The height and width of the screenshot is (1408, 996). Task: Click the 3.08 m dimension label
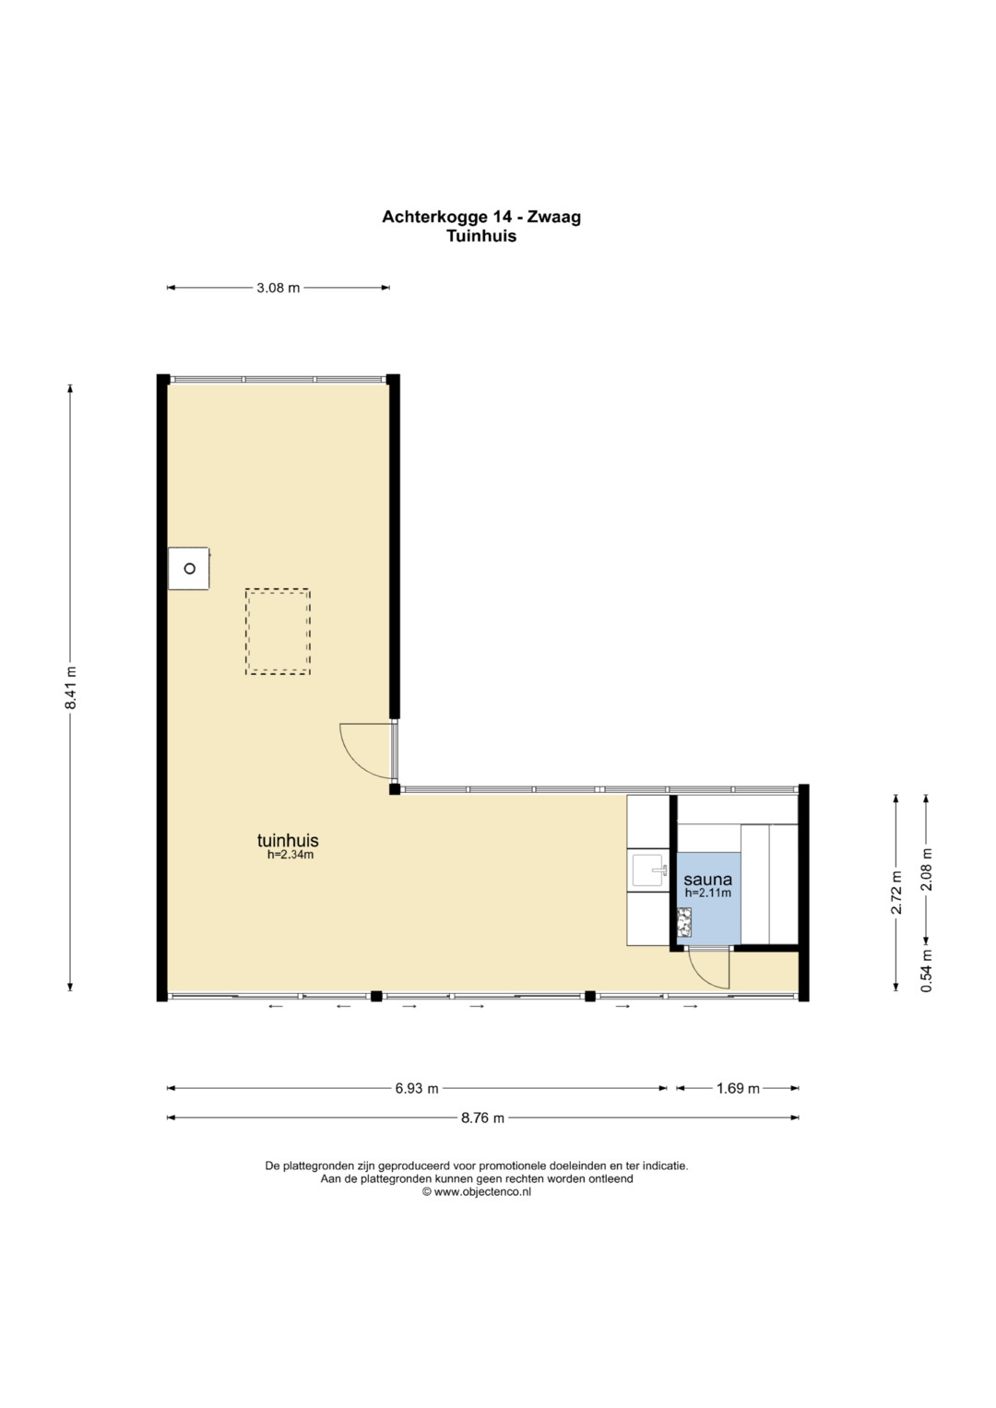coord(278,288)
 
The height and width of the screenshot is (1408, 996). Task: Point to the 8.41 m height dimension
coord(70,687)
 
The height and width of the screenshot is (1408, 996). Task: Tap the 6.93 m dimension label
coord(417,1088)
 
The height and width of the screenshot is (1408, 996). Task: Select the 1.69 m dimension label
coord(738,1088)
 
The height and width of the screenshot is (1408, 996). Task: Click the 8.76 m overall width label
coord(483,1118)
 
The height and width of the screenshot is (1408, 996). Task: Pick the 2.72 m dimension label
coord(896,892)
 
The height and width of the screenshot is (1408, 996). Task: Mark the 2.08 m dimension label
coord(926,870)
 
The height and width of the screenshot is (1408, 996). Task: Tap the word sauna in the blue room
coord(708,880)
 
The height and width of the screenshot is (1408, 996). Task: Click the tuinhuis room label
coord(288,840)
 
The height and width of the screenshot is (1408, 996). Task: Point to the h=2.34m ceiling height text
coord(290,854)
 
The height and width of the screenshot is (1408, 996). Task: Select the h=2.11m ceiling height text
coord(708,893)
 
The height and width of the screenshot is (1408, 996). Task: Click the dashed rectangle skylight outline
coord(278,589)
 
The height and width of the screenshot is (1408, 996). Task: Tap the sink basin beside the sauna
coord(648,870)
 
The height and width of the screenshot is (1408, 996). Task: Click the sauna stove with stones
coord(684,922)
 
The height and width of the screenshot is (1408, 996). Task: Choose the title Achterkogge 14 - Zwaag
coord(481,217)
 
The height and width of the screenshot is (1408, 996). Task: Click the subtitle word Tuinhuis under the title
coord(481,236)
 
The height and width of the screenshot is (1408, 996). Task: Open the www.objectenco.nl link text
coord(482,1191)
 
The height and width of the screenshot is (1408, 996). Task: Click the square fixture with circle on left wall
coord(189,568)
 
